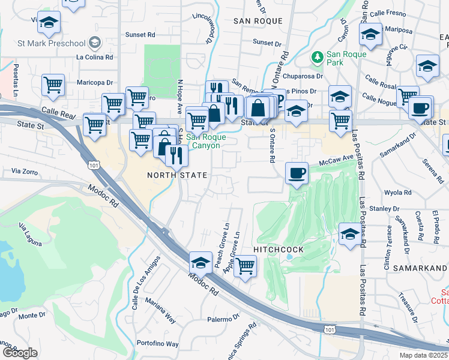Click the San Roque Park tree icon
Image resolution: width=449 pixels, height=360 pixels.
[x=318, y=57]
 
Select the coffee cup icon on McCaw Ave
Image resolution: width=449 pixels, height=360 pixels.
[x=296, y=173]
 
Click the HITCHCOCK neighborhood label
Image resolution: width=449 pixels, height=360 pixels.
[x=279, y=248]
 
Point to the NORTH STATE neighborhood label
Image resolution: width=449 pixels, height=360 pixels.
[x=178, y=175]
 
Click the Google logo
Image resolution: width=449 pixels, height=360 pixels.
[x=20, y=352]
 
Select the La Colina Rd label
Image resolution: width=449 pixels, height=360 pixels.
[x=94, y=58]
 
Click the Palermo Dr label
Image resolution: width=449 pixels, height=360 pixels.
[x=223, y=319]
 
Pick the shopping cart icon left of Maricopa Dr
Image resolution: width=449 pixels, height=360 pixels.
[x=53, y=86]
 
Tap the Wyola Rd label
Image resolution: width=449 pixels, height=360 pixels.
[x=397, y=193]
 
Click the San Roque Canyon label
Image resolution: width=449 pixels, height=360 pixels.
[x=205, y=140]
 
